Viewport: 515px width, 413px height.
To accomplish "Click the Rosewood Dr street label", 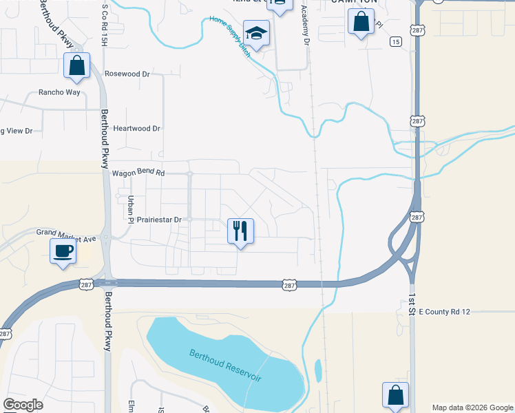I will coord(127,73).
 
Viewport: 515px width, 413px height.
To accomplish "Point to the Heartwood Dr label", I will coord(136,128).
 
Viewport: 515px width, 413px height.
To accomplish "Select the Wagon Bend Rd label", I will coord(138,174).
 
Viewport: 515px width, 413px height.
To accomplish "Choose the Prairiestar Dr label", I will coord(158,220).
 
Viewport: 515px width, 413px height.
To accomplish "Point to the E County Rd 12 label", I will coord(444,312).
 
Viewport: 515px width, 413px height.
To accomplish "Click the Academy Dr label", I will coord(304,26).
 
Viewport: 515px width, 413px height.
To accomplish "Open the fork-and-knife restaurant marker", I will coord(240,231).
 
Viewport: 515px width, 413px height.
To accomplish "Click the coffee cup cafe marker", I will coord(63,251).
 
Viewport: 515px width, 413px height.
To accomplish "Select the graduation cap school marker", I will coord(256,35).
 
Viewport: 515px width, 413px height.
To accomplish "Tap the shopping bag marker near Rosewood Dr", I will coord(77,65).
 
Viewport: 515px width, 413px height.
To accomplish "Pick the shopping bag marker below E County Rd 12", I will coord(396,395).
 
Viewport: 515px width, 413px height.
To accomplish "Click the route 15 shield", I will coord(395,42).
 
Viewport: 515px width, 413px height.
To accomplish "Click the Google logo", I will coord(23,405).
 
